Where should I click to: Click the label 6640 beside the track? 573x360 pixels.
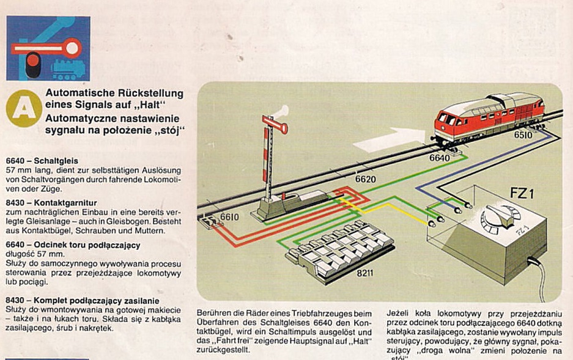click(x=439, y=158)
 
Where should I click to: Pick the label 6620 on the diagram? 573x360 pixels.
click(x=365, y=180)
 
